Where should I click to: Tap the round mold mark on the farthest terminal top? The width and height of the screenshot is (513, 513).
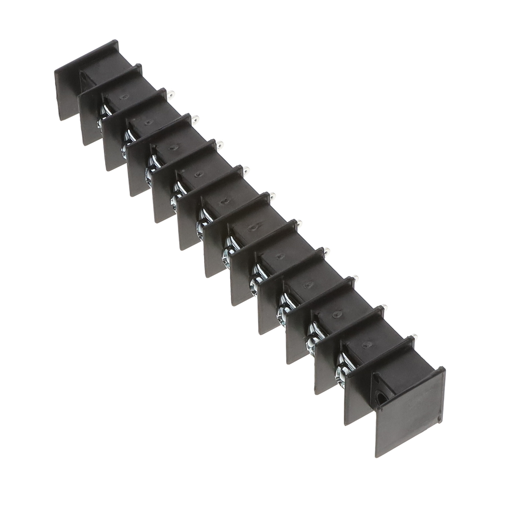tap(125, 97)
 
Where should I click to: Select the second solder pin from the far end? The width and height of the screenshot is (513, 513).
tap(196, 118)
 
